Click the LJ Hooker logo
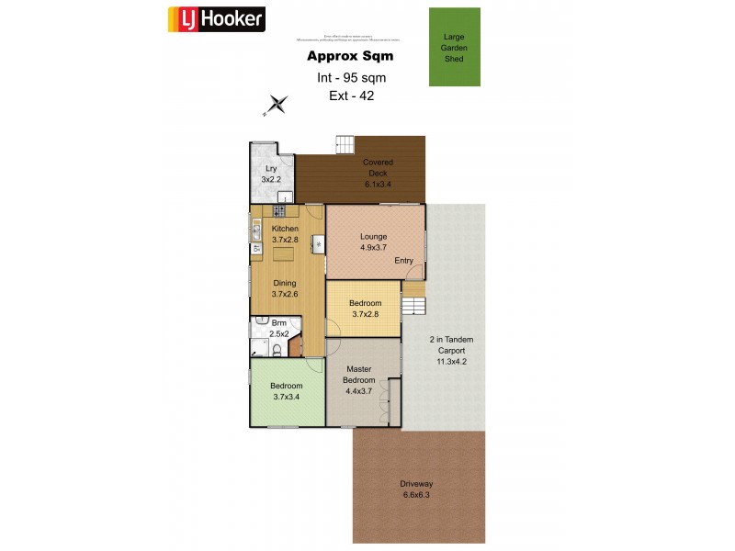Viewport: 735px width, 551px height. (217, 19)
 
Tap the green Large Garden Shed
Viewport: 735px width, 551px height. (454, 47)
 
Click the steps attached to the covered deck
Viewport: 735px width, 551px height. (345, 144)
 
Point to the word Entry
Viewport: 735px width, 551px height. (403, 261)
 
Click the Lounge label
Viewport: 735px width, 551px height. (373, 236)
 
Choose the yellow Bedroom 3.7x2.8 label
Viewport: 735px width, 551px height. (364, 308)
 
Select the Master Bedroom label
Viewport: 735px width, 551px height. (358, 375)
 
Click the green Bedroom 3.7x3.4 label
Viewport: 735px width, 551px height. (287, 390)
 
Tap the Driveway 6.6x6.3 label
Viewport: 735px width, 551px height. (416, 489)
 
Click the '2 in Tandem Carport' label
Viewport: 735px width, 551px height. (451, 350)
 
